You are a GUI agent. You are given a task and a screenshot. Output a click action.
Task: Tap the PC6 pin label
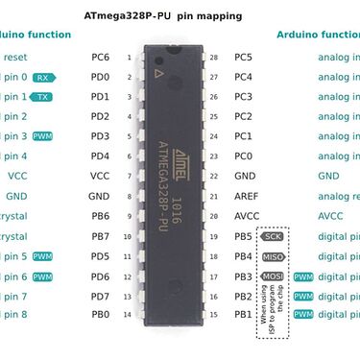pos(100,58)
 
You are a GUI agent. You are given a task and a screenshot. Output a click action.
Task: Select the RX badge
pos(42,77)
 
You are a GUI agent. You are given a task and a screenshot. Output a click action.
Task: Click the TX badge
pos(42,97)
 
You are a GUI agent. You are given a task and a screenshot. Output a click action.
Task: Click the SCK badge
pos(273,236)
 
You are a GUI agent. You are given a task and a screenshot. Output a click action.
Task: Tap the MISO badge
pos(274,256)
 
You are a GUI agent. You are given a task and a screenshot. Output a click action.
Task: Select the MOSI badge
pos(274,276)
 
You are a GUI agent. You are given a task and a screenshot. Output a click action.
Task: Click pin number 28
pos(212,58)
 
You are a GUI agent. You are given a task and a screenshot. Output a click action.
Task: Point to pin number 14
pos(129,315)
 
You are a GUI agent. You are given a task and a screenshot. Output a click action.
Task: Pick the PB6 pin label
pos(100,216)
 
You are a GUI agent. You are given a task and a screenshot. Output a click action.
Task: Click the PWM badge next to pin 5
pos(42,256)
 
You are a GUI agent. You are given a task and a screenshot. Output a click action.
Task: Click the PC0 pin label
pos(244,156)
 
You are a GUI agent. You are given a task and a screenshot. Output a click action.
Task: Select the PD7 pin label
pos(100,296)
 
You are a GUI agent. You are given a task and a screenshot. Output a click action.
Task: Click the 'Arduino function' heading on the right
pos(318,35)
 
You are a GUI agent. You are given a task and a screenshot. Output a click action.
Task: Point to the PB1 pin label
pos(243,315)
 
